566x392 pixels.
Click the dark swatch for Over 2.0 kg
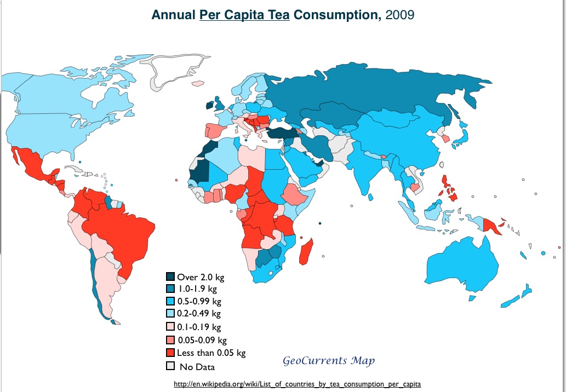pyautogui.click(x=170, y=277)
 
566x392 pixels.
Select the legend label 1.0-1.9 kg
pyautogui.click(x=198, y=289)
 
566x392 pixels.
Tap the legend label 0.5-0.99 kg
pyautogui.click(x=199, y=301)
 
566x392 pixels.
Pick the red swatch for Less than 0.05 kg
pyautogui.click(x=170, y=353)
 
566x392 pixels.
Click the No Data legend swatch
pyautogui.click(x=170, y=366)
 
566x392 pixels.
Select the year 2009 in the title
pyautogui.click(x=400, y=15)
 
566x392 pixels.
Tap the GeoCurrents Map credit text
pyautogui.click(x=329, y=361)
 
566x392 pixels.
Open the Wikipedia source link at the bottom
pyautogui.click(x=297, y=384)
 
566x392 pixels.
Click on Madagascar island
pyautogui.click(x=308, y=249)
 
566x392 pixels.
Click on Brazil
pyautogui.click(x=121, y=230)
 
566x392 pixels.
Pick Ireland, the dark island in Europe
pyautogui.click(x=209, y=106)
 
